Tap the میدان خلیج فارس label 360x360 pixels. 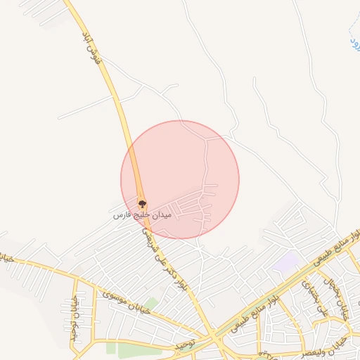(x=142, y=214)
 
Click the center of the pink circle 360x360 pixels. (x=180, y=179)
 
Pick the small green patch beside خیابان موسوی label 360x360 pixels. (x=150, y=304)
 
